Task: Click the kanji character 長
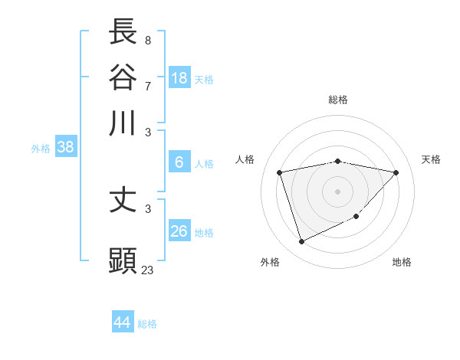[123, 31]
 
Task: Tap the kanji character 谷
[123, 77]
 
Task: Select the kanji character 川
[123, 123]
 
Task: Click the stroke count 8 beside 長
[147, 41]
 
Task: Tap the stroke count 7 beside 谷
[147, 86]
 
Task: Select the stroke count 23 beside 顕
[147, 270]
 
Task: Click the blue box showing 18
[179, 77]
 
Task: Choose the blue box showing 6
[179, 162]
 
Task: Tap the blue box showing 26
[179, 231]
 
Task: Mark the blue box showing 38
[65, 147]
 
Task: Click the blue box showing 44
[123, 322]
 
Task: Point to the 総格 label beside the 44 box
[147, 324]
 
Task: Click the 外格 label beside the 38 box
[41, 149]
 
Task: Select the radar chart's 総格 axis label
[338, 100]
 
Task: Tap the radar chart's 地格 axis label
[402, 263]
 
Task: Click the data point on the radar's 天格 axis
[396, 172]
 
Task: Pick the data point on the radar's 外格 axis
[301, 242]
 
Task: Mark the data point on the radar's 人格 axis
[280, 172]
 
